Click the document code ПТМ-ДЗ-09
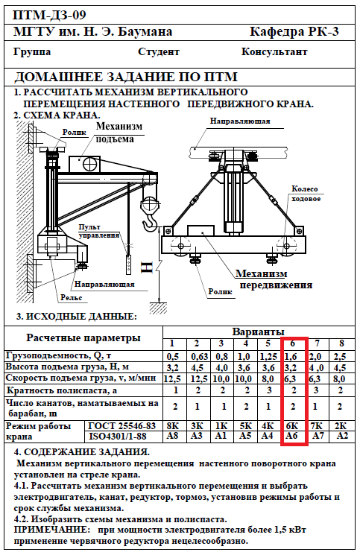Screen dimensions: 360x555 pyautogui.click(x=49, y=15)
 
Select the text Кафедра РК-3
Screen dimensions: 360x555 pyautogui.click(x=294, y=32)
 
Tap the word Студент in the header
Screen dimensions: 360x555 pyautogui.click(x=159, y=52)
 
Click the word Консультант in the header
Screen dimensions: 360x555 pyautogui.click(x=274, y=51)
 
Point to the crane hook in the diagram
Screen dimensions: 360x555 pyautogui.click(x=151, y=216)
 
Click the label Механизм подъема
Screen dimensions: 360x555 pyautogui.click(x=119, y=133)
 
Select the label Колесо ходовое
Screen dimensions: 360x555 pyautogui.click(x=306, y=194)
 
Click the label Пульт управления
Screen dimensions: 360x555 pyautogui.click(x=99, y=231)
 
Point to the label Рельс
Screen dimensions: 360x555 pyautogui.click(x=71, y=298)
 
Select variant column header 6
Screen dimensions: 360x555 pyautogui.click(x=292, y=343)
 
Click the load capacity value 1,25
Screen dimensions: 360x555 pyautogui.click(x=268, y=356)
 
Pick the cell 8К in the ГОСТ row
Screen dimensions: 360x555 pyautogui.click(x=172, y=425)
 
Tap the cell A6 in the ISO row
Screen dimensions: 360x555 pyautogui.click(x=291, y=436)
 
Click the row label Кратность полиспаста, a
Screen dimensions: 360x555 pyautogui.click(x=62, y=391)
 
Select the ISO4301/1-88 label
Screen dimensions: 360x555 pyautogui.click(x=117, y=436)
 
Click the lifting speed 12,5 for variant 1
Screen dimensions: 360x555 pyautogui.click(x=172, y=378)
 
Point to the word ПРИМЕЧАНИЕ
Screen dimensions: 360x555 pyautogui.click(x=52, y=530)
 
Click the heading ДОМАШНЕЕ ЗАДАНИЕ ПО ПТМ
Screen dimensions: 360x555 pyautogui.click(x=126, y=77)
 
